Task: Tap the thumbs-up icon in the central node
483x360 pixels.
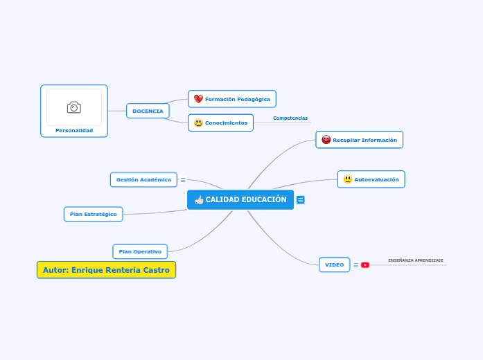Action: (200, 200)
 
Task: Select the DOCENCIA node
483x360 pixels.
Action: (148, 111)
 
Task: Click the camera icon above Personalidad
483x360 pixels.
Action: (74, 107)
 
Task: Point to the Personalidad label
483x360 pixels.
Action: (74, 130)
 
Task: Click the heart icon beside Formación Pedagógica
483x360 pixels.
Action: (198, 99)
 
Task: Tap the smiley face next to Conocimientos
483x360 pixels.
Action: (198, 123)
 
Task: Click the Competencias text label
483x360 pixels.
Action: (290, 118)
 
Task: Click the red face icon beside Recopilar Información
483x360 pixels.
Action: (326, 140)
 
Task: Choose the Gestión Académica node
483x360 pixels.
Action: (143, 179)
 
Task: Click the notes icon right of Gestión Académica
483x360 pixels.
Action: (183, 180)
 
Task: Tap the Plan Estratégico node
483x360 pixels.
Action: (94, 214)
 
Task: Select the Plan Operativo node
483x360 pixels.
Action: (140, 251)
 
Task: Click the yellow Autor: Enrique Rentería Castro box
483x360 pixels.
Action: (106, 270)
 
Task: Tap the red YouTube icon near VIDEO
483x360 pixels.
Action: (365, 264)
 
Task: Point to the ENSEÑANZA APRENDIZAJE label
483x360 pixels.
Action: (416, 260)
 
